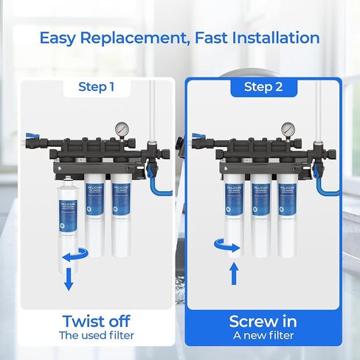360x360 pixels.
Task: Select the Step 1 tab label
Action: tap(97, 87)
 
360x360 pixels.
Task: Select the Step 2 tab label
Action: tap(263, 88)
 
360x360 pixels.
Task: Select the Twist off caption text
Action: tap(97, 322)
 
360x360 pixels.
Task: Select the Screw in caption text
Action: tap(263, 322)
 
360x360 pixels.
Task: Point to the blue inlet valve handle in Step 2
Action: tap(198, 136)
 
